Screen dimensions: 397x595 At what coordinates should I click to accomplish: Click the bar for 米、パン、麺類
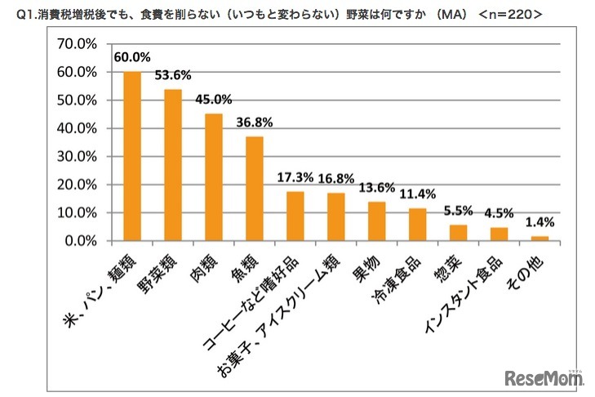(x=131, y=156)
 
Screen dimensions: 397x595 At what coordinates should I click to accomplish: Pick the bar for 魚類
(x=255, y=189)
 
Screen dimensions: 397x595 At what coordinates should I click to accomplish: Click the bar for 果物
(x=376, y=221)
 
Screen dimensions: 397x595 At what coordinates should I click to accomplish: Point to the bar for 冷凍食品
(x=417, y=225)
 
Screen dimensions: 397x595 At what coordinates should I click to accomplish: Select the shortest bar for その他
(x=539, y=239)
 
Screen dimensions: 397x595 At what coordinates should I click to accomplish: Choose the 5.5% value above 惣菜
(x=458, y=211)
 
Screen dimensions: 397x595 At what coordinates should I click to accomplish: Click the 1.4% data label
(x=539, y=222)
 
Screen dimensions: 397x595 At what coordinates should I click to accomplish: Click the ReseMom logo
(x=543, y=377)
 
